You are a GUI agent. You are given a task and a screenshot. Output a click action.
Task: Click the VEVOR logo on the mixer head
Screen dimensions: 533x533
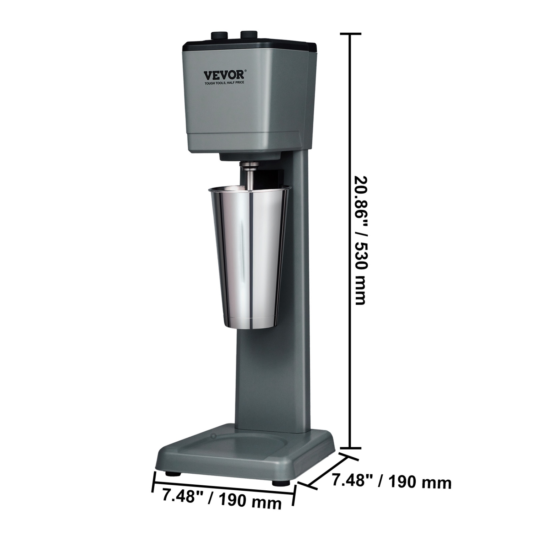[x=224, y=75]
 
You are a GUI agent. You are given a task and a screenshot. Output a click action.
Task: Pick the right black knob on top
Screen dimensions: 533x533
[x=249, y=34]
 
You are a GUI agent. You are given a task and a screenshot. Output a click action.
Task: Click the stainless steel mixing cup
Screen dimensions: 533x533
[x=249, y=256]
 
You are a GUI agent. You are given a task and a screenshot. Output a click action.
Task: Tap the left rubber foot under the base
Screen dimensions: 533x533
[x=173, y=473]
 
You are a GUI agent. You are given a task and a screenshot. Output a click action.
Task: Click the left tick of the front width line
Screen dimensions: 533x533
[x=154, y=482]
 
